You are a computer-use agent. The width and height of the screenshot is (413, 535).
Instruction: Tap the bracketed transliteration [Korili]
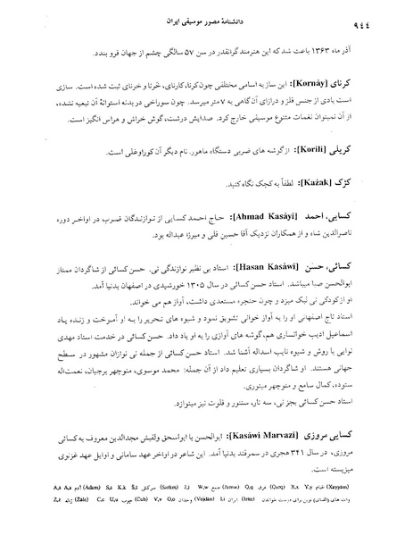pyautogui.click(x=315, y=153)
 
